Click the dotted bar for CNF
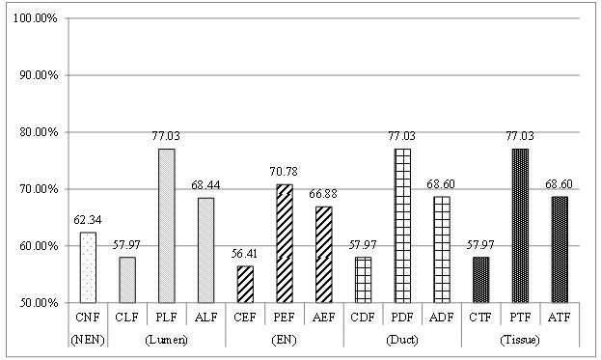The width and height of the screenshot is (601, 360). click(88, 267)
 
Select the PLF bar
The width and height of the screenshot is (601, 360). click(167, 226)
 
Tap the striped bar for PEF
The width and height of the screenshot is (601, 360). click(285, 243)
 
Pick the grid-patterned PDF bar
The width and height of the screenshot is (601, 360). click(402, 226)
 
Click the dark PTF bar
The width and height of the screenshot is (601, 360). click(520, 226)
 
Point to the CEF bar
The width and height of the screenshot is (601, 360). click(245, 284)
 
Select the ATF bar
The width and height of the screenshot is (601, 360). click(560, 250)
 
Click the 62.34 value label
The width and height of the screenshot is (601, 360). click(88, 220)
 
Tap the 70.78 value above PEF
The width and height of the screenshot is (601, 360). click(284, 172)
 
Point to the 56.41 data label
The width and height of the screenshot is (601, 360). click(244, 254)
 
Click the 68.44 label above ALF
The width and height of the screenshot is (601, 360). click(205, 185)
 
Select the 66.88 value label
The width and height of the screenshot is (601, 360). click(323, 194)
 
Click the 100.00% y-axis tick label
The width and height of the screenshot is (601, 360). click(36, 18)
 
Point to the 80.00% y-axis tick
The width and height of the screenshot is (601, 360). click(38, 132)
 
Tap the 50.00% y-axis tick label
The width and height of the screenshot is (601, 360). click(38, 303)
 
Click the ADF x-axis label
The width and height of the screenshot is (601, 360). click(442, 318)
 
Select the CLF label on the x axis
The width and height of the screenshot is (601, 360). click(127, 318)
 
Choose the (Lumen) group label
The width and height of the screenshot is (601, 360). click(166, 340)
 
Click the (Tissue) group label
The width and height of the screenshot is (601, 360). click(520, 340)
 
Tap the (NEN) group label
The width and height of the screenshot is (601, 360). click(88, 340)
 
